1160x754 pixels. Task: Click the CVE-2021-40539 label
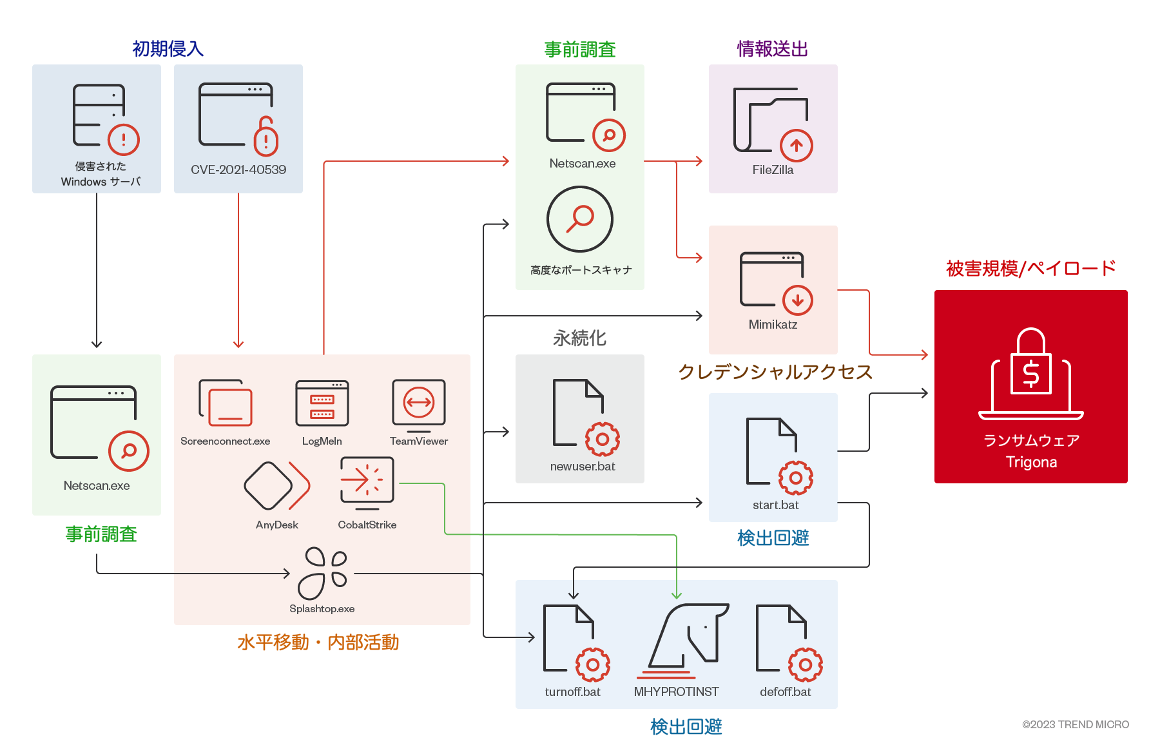[x=238, y=169]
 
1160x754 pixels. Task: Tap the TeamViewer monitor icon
[x=419, y=405]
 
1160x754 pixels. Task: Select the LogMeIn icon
[x=322, y=403]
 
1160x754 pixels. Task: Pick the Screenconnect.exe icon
[x=226, y=403]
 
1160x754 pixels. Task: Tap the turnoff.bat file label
[x=572, y=691]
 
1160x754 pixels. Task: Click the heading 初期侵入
[x=168, y=49]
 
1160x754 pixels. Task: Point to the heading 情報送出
[x=772, y=49]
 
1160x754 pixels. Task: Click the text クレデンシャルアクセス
[x=775, y=372]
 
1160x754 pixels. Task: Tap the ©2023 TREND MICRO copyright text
[x=1075, y=724]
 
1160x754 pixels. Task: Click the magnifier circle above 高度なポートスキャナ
[x=580, y=219]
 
